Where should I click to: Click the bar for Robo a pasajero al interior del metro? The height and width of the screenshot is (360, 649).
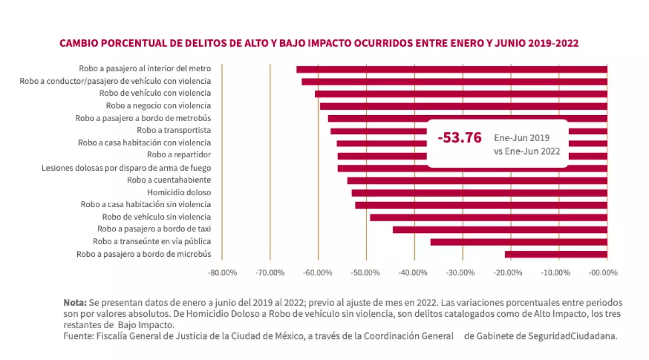452,69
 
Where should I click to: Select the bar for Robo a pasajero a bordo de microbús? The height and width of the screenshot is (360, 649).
556,254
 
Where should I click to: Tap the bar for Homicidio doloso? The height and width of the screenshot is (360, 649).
479,192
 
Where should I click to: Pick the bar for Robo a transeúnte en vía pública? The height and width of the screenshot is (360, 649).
519,242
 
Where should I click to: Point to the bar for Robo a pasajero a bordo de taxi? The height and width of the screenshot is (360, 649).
500,230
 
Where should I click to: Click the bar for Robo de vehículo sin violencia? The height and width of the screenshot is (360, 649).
488,217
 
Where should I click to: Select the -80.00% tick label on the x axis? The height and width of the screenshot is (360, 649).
222,273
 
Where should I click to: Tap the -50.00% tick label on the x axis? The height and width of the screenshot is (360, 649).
366,273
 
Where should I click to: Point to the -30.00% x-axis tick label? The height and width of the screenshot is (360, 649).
462,273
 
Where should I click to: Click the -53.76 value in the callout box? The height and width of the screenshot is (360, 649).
459,138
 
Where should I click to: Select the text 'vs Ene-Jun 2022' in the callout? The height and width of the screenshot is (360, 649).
527,152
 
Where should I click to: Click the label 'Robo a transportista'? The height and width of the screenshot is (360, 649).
174,130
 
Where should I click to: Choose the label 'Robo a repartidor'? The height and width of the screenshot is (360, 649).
178,155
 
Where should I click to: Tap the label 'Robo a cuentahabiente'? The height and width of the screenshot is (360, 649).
169,180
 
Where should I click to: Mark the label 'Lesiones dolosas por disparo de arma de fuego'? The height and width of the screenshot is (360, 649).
126,168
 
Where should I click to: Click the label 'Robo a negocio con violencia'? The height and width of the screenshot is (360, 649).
158,105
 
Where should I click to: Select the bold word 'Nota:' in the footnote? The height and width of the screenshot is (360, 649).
75,302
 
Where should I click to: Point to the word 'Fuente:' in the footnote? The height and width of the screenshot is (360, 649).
78,336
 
